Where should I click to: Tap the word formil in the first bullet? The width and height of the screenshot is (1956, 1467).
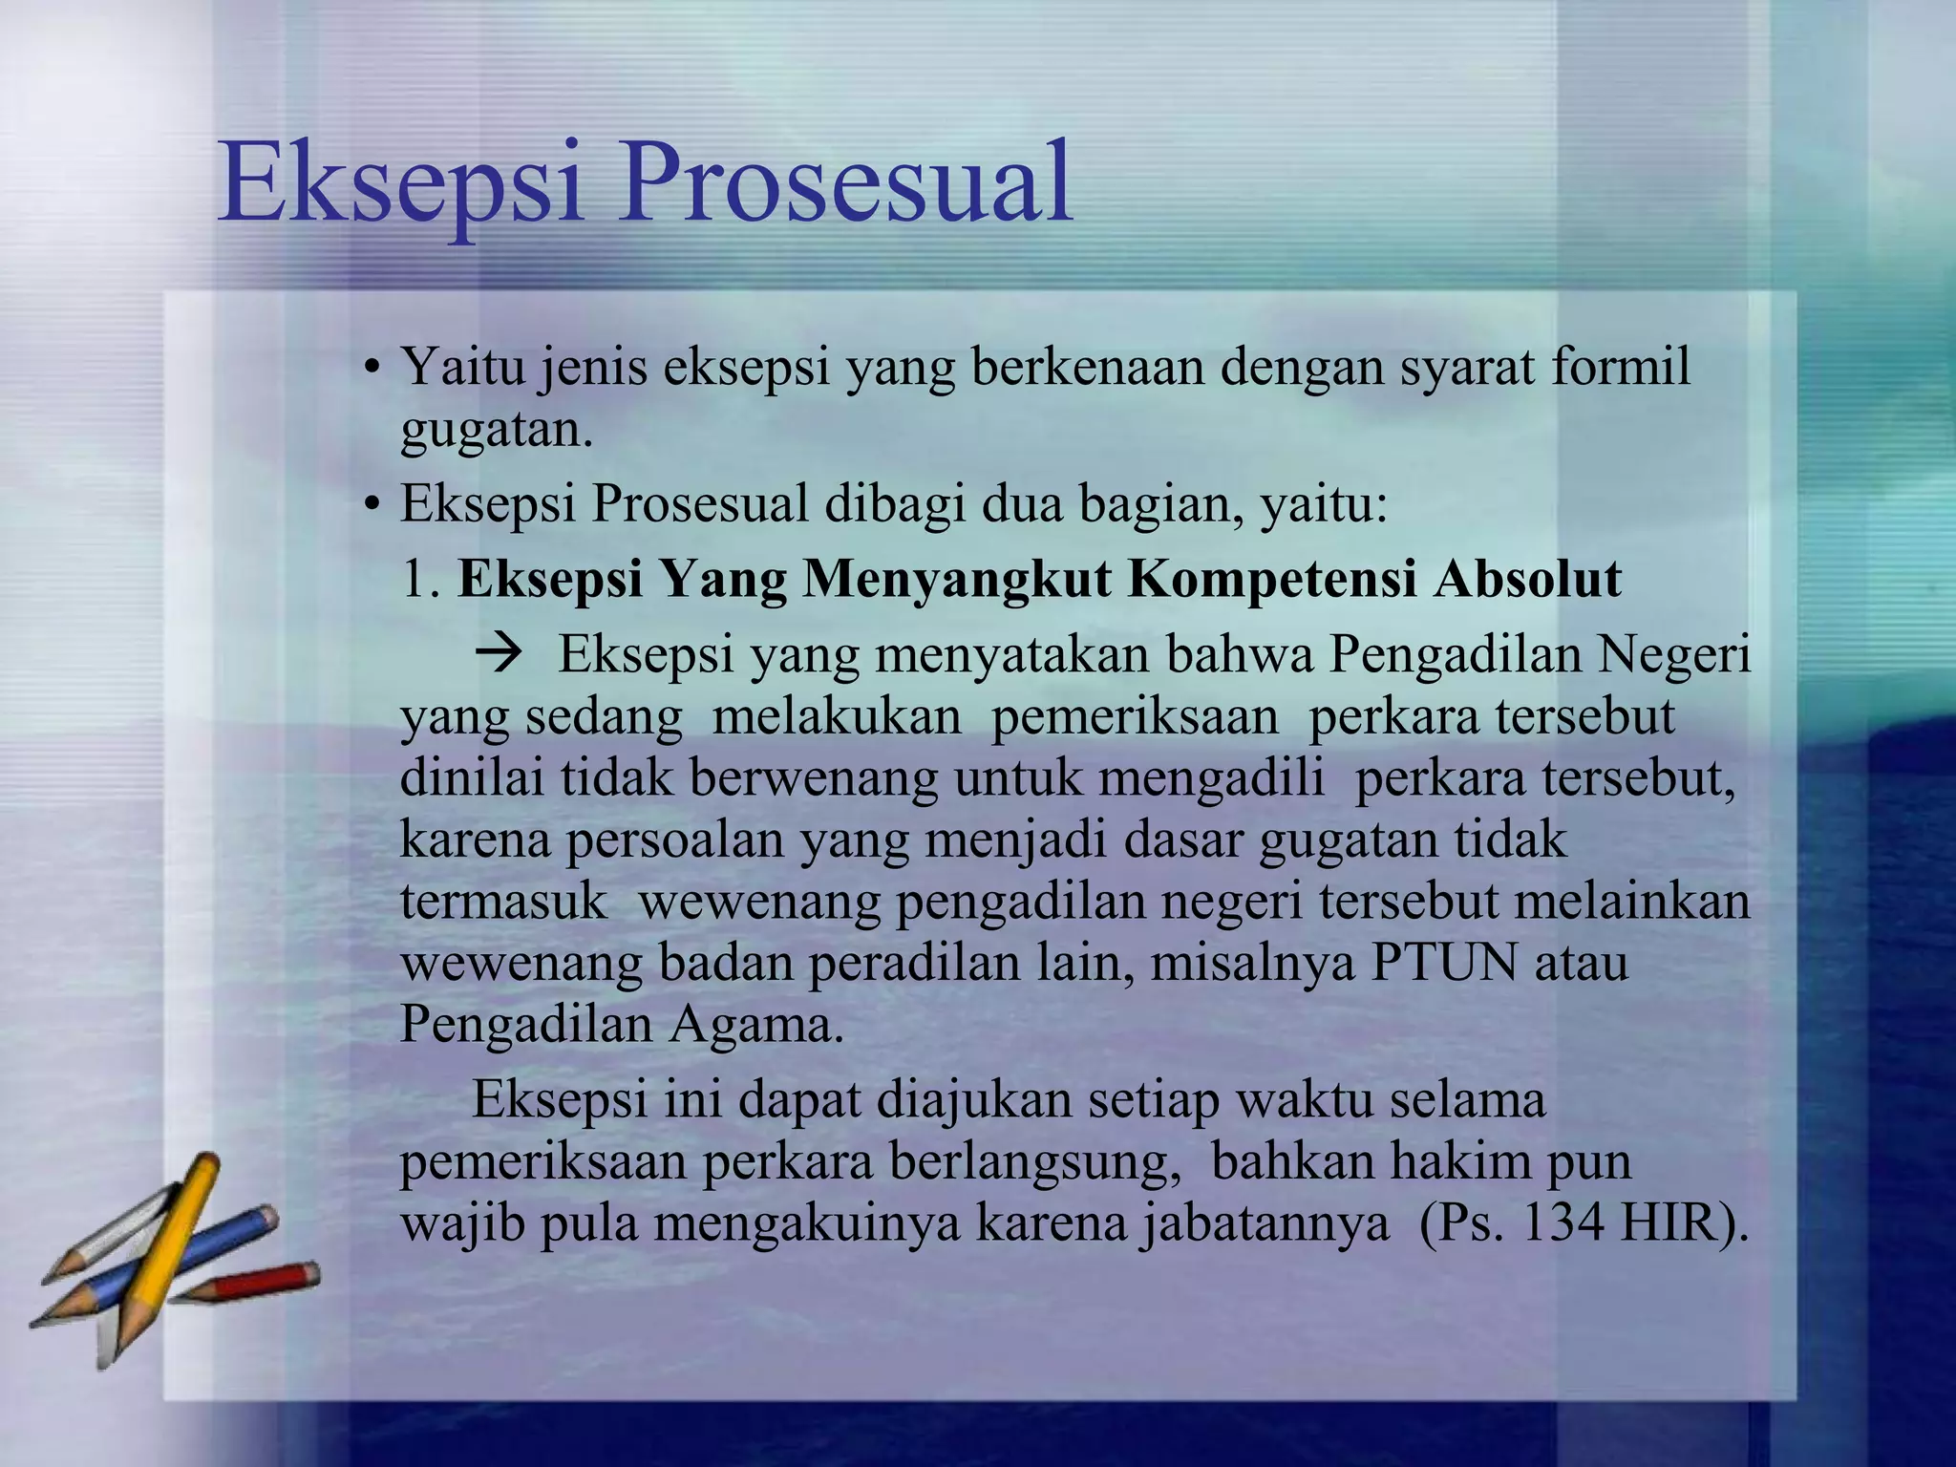tap(1620, 367)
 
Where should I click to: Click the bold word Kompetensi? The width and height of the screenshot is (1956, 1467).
tap(1271, 579)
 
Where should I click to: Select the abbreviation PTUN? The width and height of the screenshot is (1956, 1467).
tap(1444, 963)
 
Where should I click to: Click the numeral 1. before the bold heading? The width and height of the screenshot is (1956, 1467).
tap(419, 580)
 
